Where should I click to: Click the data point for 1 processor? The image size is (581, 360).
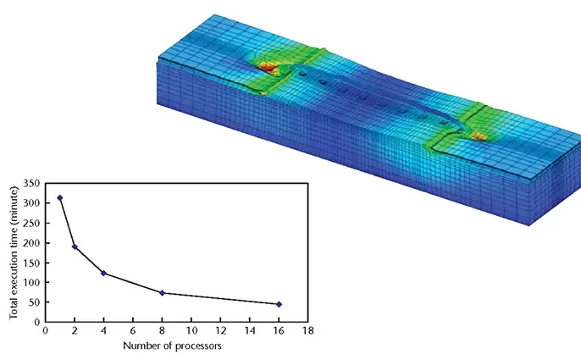click(x=60, y=198)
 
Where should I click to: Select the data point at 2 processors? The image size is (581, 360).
click(x=75, y=246)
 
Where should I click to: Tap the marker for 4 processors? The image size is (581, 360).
click(x=103, y=274)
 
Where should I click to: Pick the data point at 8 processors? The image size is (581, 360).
click(x=162, y=293)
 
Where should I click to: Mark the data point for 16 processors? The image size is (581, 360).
click(x=279, y=304)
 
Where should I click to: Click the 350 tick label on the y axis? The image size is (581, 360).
click(x=31, y=183)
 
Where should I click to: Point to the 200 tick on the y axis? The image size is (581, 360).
click(x=31, y=243)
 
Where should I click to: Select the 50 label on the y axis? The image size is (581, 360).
click(x=35, y=302)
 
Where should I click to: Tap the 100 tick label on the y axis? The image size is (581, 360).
click(x=31, y=283)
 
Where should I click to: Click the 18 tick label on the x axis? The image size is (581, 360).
click(x=308, y=330)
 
